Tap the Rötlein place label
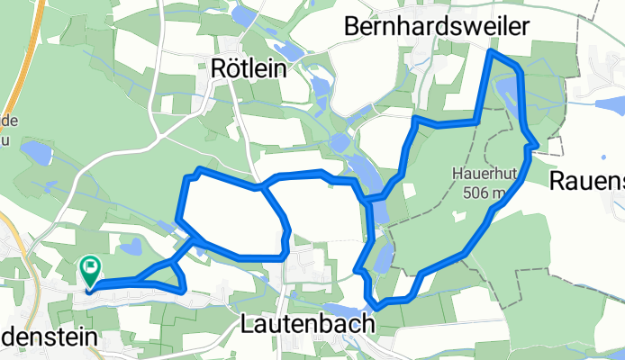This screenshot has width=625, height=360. tap(248, 67)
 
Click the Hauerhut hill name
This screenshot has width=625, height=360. tap(482, 175)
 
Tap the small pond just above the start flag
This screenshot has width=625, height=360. tap(131, 245)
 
